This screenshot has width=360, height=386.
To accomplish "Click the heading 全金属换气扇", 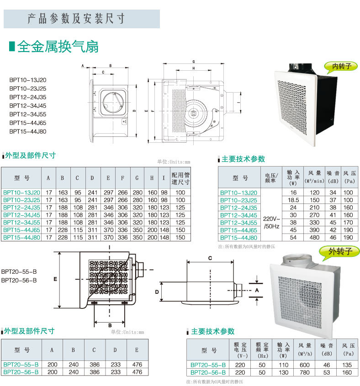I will point(58,47).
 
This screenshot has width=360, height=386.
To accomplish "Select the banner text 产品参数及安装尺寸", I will point(76,19).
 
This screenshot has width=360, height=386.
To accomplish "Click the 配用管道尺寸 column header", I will point(180,178).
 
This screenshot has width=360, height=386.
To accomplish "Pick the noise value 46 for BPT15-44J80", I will point(333,238).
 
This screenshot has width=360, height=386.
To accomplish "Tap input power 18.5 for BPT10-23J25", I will point(293,200).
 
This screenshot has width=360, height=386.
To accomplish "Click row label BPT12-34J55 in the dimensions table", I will point(21,222).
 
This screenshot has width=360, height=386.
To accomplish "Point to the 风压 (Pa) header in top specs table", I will point(349,177).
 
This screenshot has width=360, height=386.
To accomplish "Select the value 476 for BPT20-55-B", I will point(138,365).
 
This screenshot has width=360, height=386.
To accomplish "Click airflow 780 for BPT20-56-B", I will point(305,372).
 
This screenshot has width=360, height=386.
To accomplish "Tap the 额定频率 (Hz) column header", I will point(262,350).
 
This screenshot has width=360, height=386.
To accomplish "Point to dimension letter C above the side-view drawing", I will point(210,258).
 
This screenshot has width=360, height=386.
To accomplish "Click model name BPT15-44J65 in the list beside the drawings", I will point(28,123).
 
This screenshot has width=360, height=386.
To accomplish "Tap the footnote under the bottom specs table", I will point(215,381).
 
